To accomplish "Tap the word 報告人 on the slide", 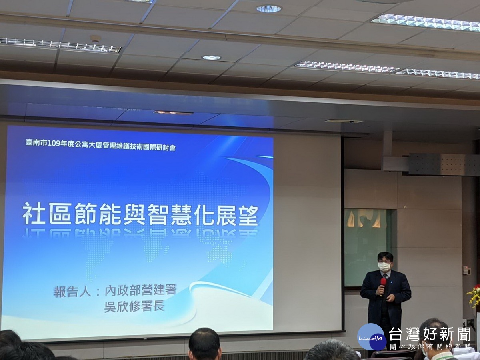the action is point(72,291).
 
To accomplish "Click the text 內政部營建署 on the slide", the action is point(140,290).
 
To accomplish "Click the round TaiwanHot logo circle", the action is point(372,337).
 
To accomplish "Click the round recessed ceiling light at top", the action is point(269,9).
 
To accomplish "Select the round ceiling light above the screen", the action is point(211,58).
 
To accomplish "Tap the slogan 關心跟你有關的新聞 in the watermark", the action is point(430,347).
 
